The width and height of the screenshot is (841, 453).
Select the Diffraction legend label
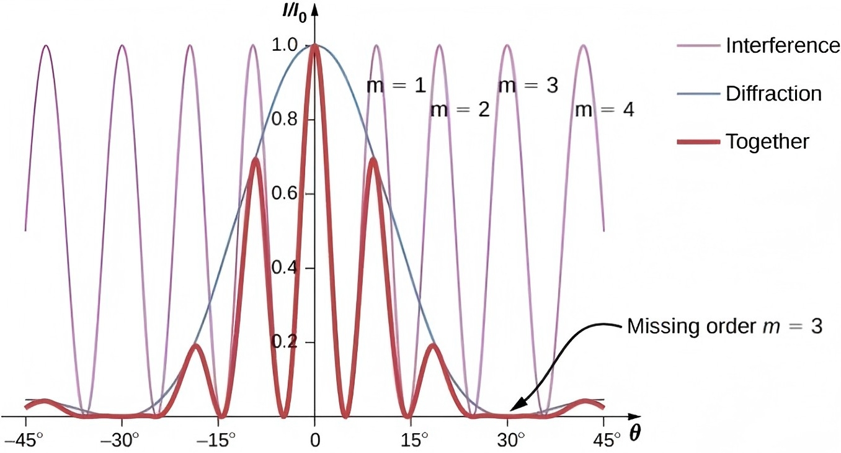point(773,94)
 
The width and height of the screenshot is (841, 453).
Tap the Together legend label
point(767,141)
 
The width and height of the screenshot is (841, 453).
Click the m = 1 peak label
point(396,86)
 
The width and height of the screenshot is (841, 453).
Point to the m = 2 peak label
point(460,110)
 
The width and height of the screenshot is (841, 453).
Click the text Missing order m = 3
point(724,326)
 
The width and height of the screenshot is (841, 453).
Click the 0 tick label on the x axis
point(316,441)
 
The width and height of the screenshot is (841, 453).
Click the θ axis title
point(634,434)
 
